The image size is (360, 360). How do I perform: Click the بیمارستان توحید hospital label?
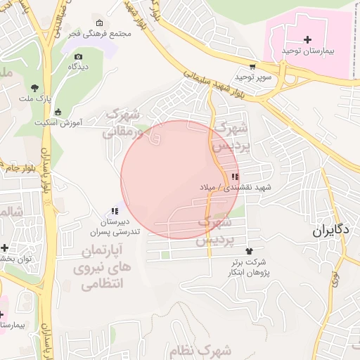pyautogui.click(x=307, y=51)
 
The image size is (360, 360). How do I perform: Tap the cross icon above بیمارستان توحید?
pyautogui.click(x=307, y=39)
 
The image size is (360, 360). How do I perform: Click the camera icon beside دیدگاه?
pyautogui.click(x=78, y=56)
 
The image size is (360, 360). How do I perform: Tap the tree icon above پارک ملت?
pyautogui.click(x=34, y=88)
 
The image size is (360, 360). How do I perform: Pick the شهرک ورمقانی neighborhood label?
pyautogui.click(x=121, y=122)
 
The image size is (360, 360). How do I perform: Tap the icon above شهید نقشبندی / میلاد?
pyautogui.click(x=234, y=176)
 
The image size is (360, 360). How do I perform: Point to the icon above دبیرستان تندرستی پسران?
pyautogui.click(x=115, y=210)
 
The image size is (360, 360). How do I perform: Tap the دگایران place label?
pyautogui.click(x=330, y=230)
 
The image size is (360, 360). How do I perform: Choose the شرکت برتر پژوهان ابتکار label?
pyautogui.click(x=249, y=266)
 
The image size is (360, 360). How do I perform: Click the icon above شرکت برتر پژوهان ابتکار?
pyautogui.click(x=249, y=250)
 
